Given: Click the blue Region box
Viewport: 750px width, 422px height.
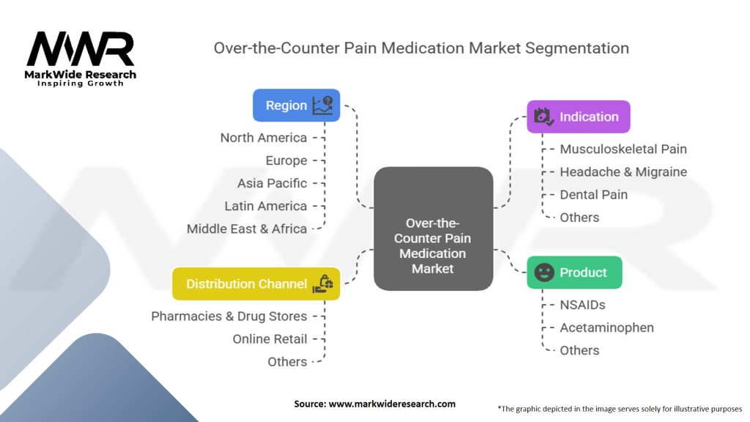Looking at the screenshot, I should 296,105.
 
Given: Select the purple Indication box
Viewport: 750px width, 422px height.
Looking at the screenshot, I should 578,116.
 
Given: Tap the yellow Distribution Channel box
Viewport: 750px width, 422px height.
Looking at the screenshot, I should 256,284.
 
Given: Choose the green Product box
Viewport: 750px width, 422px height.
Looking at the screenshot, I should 574,273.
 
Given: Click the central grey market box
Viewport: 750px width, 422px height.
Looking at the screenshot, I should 433,228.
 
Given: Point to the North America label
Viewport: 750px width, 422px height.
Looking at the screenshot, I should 264,138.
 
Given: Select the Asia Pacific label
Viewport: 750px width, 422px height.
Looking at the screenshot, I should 272,183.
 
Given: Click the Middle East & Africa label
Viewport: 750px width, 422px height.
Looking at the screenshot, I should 247,229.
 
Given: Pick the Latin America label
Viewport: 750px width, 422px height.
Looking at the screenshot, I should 266,206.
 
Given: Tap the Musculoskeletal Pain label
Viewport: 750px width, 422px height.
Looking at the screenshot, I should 623,149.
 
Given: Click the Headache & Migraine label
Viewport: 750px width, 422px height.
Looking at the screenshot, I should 623,171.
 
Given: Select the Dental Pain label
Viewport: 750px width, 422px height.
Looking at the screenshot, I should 593,194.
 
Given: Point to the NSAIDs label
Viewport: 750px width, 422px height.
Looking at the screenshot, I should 582,305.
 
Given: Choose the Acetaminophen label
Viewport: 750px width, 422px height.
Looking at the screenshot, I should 606,327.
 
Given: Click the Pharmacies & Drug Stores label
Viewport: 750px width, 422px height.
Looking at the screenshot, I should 229,316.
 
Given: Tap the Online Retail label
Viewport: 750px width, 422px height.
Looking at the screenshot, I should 270,339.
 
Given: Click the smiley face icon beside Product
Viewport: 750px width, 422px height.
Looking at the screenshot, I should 544,273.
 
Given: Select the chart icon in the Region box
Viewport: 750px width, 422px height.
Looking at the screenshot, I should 322,105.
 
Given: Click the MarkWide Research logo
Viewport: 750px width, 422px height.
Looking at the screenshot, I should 81,59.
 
